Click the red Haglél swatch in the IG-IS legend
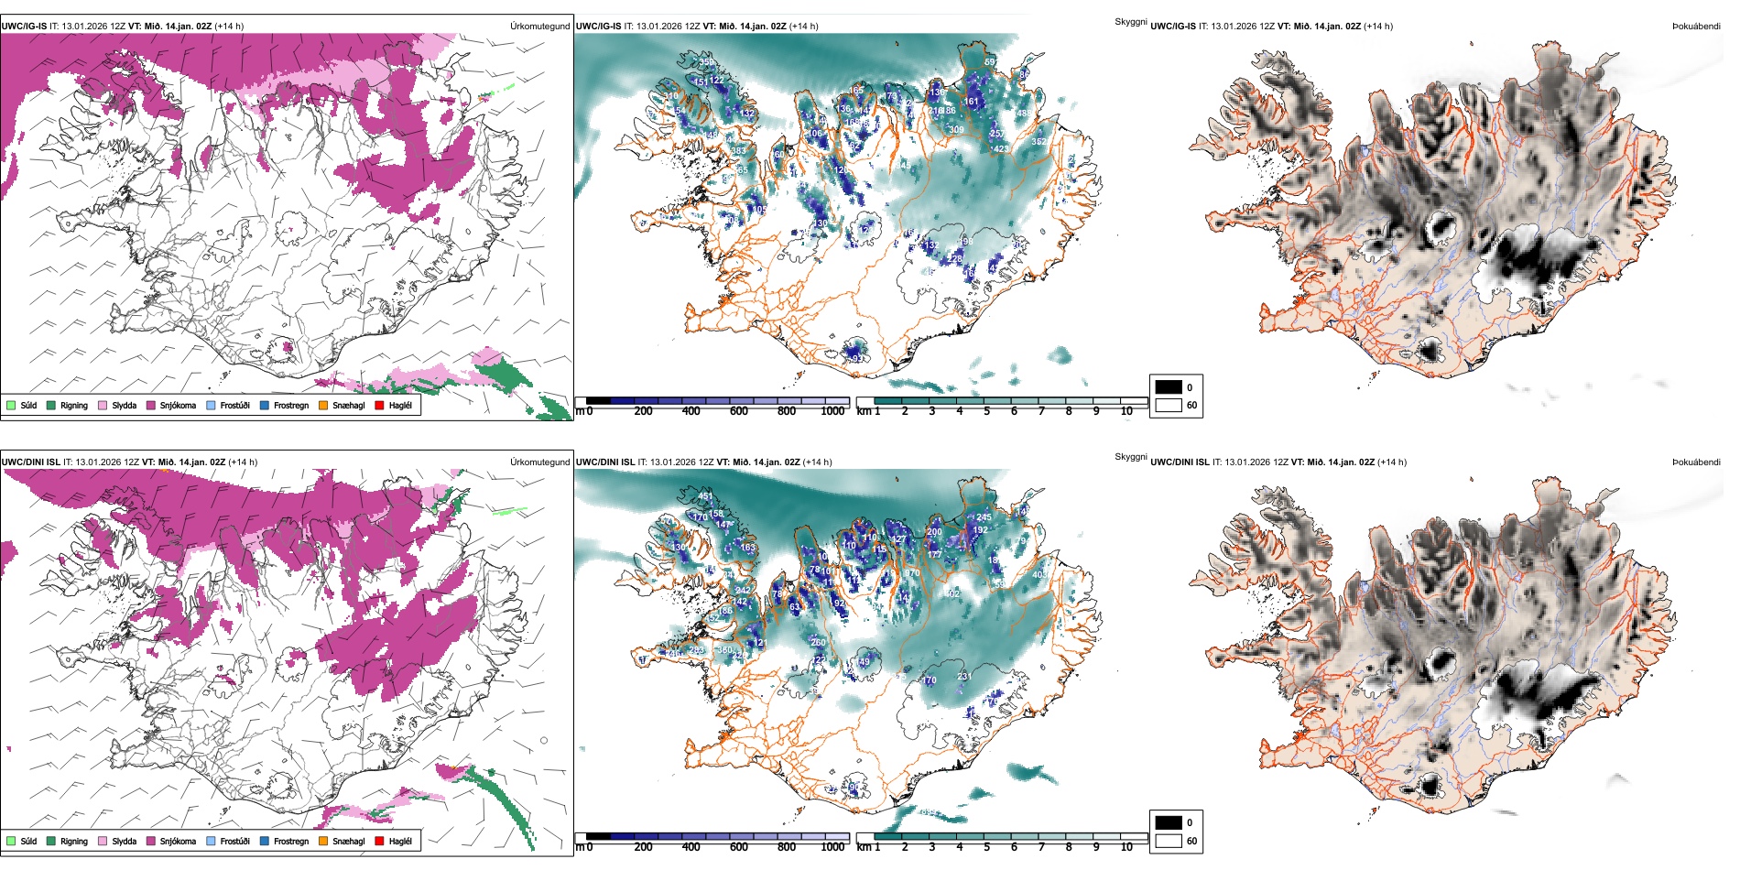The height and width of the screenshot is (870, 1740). click(379, 405)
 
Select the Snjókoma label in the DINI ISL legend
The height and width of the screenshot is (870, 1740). click(178, 841)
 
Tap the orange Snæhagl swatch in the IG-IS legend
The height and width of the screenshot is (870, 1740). click(323, 405)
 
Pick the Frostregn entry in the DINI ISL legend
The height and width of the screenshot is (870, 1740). click(291, 841)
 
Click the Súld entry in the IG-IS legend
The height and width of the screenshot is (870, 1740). click(28, 405)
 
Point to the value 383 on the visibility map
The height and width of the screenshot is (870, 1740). click(738, 150)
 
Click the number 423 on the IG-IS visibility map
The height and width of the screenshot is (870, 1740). click(1001, 148)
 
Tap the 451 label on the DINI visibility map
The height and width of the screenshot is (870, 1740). click(705, 496)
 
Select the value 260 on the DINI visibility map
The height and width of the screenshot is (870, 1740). click(818, 643)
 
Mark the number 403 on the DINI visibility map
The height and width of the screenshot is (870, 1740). click(1039, 575)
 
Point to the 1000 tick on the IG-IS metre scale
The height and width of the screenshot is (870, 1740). click(832, 411)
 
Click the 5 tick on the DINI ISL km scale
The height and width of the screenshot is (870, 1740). click(986, 847)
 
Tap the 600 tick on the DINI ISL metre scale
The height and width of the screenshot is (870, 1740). click(738, 847)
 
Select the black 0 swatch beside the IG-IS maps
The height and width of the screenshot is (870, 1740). click(1169, 387)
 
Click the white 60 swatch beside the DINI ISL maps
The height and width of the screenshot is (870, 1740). click(1169, 841)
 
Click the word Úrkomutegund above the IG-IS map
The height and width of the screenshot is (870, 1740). click(539, 26)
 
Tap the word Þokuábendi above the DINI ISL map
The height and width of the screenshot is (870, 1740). click(1696, 462)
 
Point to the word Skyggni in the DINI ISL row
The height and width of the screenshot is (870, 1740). click(1130, 456)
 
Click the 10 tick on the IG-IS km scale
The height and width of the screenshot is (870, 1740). click(1126, 411)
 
